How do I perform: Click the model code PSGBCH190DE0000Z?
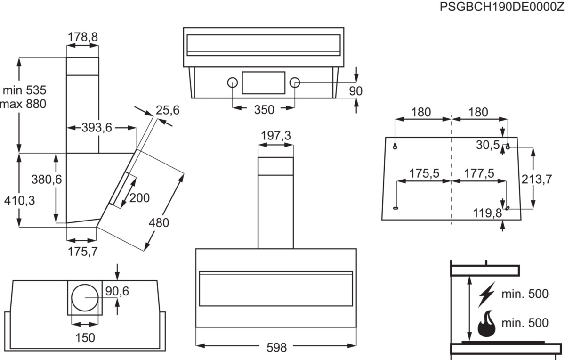pos(502,7)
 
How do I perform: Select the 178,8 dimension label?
pos(83,37)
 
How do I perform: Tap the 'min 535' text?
pos(24,90)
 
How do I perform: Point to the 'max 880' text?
pos(23,104)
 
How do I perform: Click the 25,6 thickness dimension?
pos(168,110)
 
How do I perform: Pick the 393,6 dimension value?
pos(97,128)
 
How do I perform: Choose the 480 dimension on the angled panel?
pos(159,223)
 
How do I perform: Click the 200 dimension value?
pos(139,198)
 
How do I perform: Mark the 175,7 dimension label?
pos(83,252)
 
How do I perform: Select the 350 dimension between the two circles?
pos(264,110)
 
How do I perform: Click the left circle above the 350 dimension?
pos(232,82)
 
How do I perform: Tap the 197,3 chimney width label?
pos(276,136)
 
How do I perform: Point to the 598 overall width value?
pos(277,348)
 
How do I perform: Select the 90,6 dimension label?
pos(117,291)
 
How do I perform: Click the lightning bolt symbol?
pos(486,295)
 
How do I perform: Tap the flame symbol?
pos(486,324)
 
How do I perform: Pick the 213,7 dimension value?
pos(537,180)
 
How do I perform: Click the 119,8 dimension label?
pos(487,213)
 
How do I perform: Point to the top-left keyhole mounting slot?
pos(395,146)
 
